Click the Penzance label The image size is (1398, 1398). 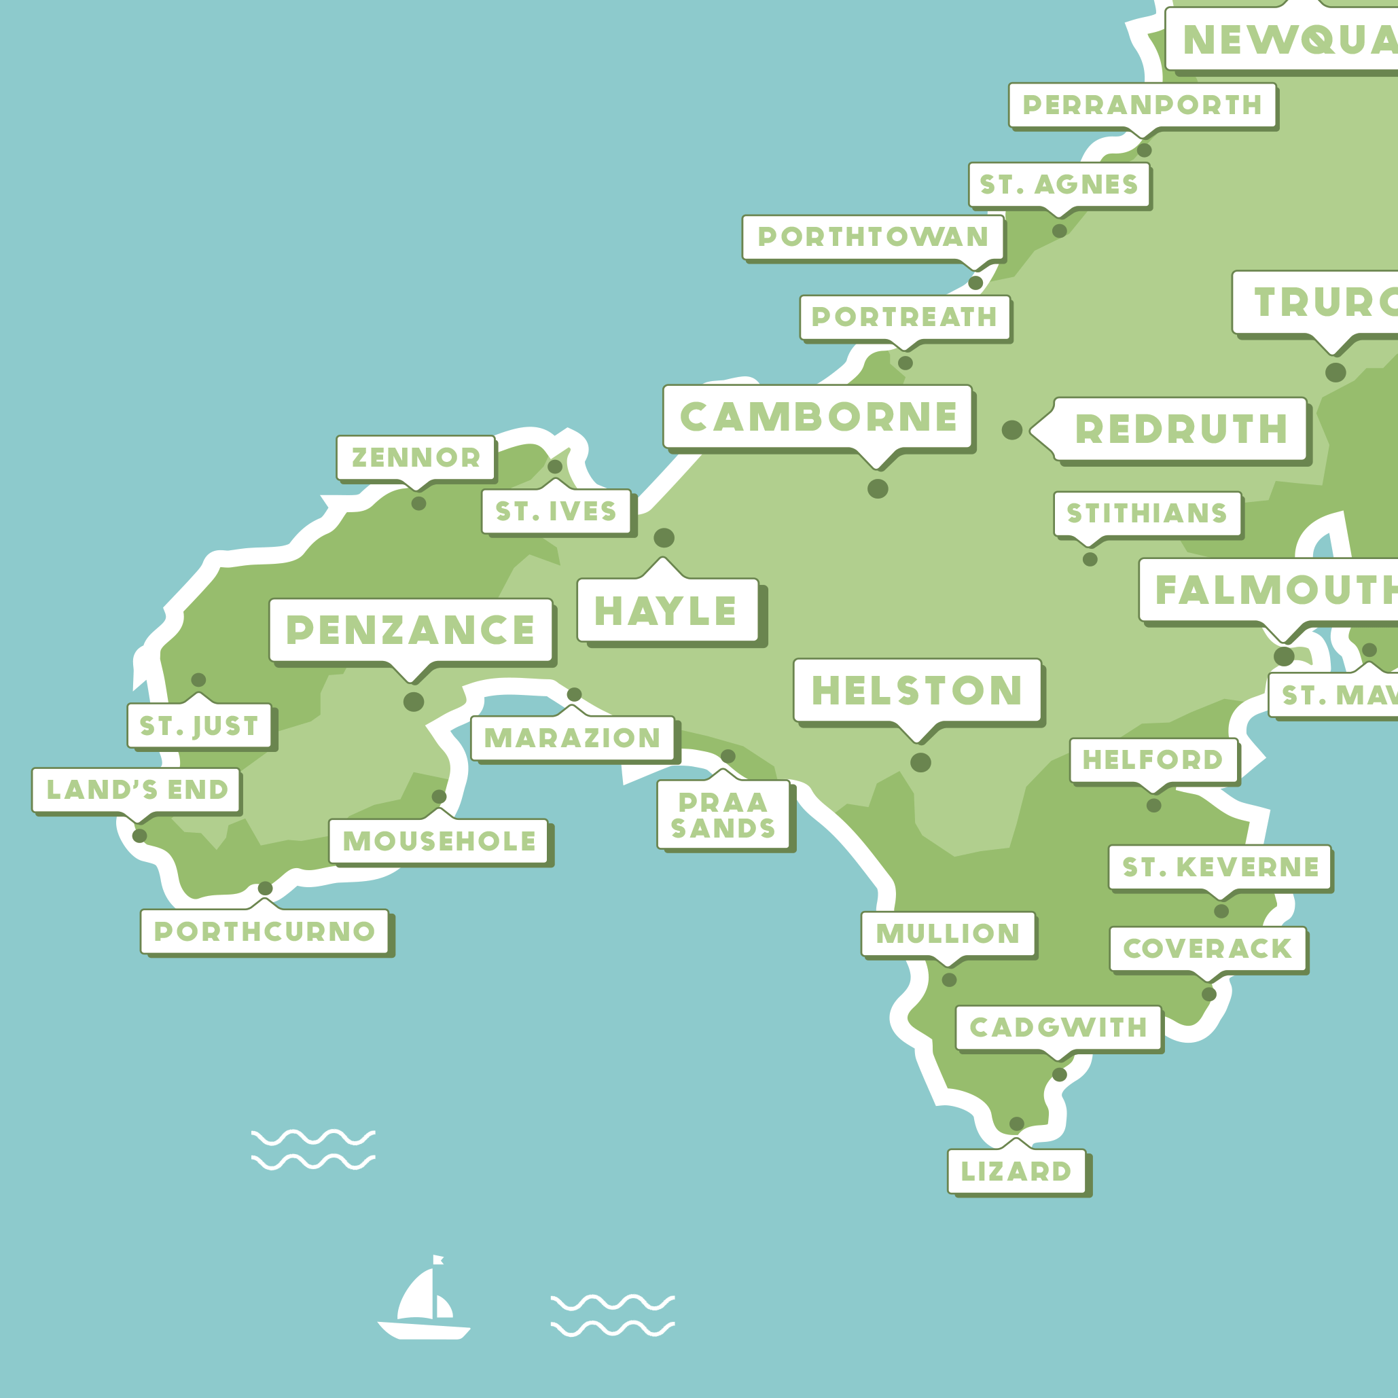coord(410,630)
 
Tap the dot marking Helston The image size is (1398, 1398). coord(920,763)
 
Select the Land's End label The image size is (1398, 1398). coord(137,789)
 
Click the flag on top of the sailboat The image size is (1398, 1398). coord(437,1260)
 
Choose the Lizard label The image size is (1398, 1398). coord(1016,1171)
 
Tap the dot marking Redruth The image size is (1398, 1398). coord(1011,430)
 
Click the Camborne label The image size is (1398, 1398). coord(819,417)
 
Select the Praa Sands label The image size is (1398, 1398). coord(723,814)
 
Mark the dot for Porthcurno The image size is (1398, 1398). coord(266,888)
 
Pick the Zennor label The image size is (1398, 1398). coord(416,457)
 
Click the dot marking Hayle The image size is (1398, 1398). coord(664,537)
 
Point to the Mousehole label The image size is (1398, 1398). coord(439,841)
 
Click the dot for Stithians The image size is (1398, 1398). coord(1090,559)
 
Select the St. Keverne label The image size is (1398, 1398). coord(1220,867)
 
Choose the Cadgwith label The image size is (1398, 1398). coord(1058,1028)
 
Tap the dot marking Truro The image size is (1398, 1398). coord(1336,373)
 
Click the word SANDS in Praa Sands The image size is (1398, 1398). coord(723,828)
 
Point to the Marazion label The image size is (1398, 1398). coord(573,738)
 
